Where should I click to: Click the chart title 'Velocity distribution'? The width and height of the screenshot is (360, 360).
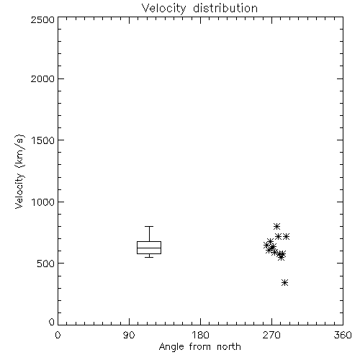(x=199, y=9)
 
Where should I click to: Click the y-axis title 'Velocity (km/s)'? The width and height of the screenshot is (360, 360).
(x=19, y=171)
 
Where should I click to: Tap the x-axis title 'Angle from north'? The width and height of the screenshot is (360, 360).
(x=199, y=347)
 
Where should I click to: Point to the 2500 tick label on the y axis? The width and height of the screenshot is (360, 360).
(x=42, y=19)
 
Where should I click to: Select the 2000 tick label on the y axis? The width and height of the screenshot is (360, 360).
(x=42, y=78)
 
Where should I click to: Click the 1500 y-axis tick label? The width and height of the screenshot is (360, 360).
(x=43, y=140)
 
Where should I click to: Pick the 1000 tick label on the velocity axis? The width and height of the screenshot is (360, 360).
(x=43, y=202)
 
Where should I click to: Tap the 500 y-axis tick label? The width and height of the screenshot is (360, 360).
(x=46, y=264)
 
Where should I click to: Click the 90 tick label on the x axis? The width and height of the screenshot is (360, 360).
(x=129, y=335)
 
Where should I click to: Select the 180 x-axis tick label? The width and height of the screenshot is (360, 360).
(x=200, y=335)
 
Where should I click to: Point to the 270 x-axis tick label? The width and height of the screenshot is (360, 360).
(x=271, y=335)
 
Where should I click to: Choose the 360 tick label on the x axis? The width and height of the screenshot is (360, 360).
(x=343, y=335)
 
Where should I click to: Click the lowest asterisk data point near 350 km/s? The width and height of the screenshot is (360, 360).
(x=284, y=283)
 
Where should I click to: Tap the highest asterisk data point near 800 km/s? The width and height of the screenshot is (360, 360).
(x=276, y=226)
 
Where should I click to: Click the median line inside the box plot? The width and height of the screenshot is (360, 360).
(x=149, y=248)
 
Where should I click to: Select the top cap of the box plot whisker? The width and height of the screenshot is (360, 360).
(x=149, y=226)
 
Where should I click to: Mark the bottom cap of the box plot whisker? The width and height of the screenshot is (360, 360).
(x=149, y=257)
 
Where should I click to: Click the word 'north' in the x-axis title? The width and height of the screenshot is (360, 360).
(x=229, y=347)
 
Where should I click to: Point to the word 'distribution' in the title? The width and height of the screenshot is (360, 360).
(x=225, y=9)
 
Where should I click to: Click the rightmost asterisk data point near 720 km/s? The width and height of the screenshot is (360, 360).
(x=286, y=237)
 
